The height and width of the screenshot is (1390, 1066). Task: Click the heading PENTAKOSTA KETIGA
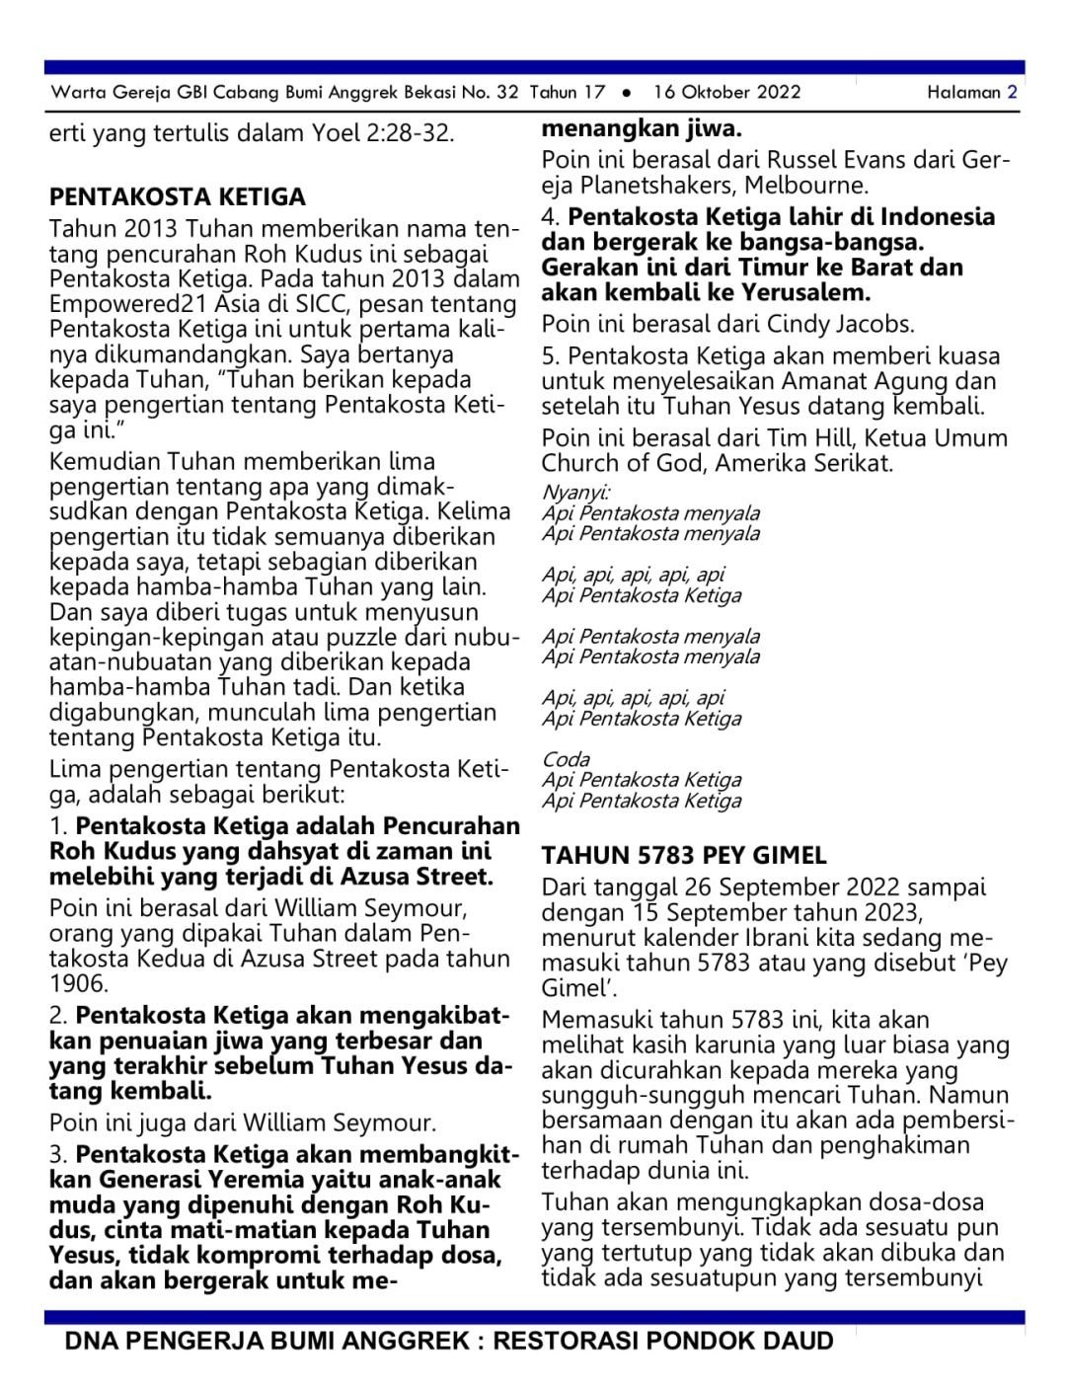[x=178, y=196]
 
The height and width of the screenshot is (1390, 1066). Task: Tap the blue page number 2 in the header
[x=1012, y=93]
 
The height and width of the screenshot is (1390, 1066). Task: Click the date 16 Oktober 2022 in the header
[x=726, y=93]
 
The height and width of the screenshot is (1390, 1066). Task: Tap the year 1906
[x=78, y=983]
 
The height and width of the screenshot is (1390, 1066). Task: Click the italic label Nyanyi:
[x=575, y=493]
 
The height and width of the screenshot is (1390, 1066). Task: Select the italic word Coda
[x=566, y=759]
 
